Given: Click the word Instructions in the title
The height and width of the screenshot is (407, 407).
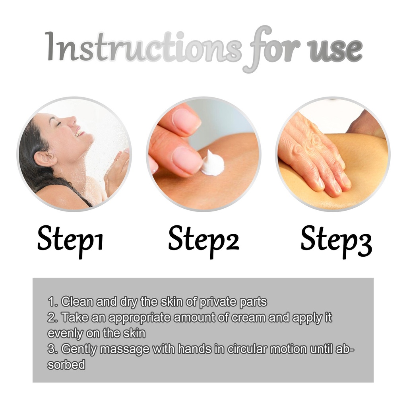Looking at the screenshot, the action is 143,47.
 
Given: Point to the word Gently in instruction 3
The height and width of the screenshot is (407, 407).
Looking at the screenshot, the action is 79,349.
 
